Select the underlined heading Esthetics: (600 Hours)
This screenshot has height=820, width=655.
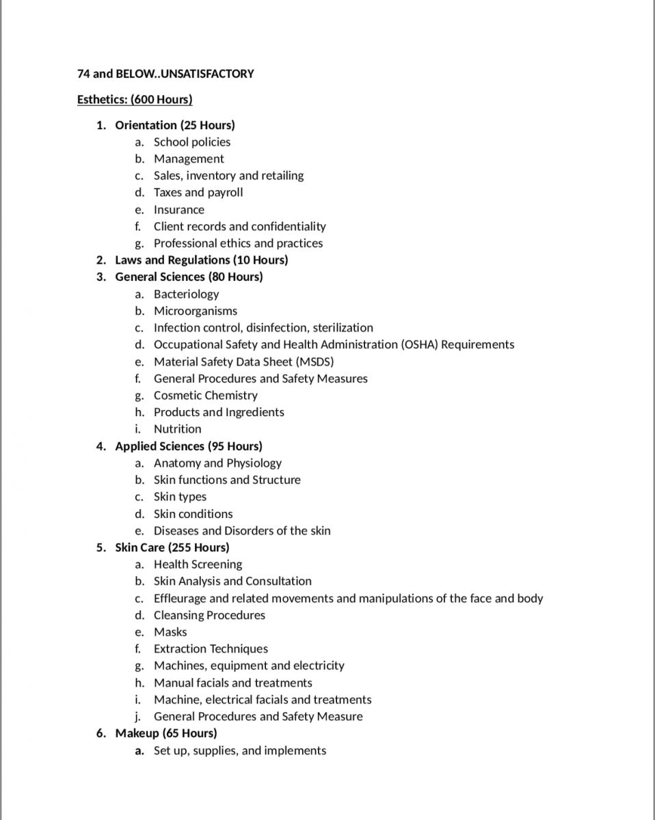(135, 100)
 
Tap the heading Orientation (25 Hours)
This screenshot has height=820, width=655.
(174, 125)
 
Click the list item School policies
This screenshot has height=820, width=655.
(192, 142)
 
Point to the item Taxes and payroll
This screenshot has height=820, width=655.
(198, 193)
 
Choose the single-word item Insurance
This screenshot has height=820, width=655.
(178, 210)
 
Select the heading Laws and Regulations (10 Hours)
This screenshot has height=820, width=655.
(201, 260)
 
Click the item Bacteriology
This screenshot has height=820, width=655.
(186, 294)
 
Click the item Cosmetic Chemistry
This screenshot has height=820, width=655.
(205, 395)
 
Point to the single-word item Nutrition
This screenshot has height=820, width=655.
(177, 429)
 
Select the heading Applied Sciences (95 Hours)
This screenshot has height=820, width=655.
(188, 446)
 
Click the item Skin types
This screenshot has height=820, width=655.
(180, 497)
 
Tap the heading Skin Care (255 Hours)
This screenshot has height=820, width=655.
(172, 547)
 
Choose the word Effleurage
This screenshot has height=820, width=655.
(181, 599)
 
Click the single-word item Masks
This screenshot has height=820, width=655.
(170, 632)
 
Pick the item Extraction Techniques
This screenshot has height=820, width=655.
(211, 649)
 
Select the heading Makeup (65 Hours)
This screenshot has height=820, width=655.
(165, 733)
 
